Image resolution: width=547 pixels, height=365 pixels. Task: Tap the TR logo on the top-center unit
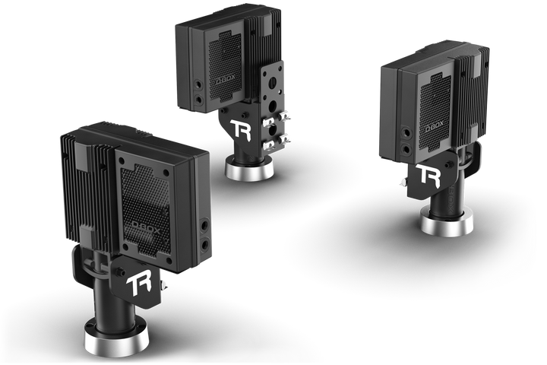click(241, 129)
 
